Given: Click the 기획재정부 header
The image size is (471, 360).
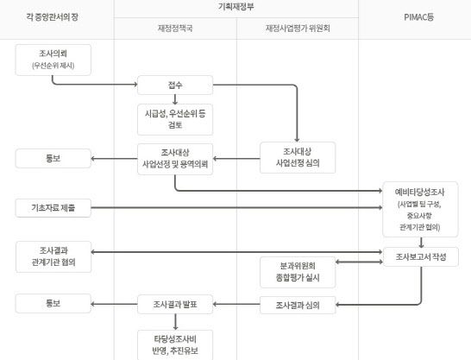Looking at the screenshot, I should coord(235,6).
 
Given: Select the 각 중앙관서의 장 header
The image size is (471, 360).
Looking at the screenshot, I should coord(56,16).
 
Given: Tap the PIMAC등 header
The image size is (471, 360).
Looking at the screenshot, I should coord(414,16).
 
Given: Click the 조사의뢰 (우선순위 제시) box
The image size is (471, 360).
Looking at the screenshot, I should coord(53,59).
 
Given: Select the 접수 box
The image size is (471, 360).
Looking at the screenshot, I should coord(175,85).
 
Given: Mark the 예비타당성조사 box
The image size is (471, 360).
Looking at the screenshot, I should coord(420,207).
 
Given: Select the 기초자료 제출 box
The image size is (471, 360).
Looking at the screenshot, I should coord(53,207).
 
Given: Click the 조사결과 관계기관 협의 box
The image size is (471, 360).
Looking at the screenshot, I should coord(53,256).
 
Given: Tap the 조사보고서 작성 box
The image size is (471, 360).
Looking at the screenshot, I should coord(420,256).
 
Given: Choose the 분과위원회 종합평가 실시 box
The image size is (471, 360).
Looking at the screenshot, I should coord(297,271).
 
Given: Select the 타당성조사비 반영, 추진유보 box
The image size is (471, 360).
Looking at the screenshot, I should coord(175,343).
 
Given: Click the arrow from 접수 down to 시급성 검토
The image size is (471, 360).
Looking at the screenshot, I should coord(175,98).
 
